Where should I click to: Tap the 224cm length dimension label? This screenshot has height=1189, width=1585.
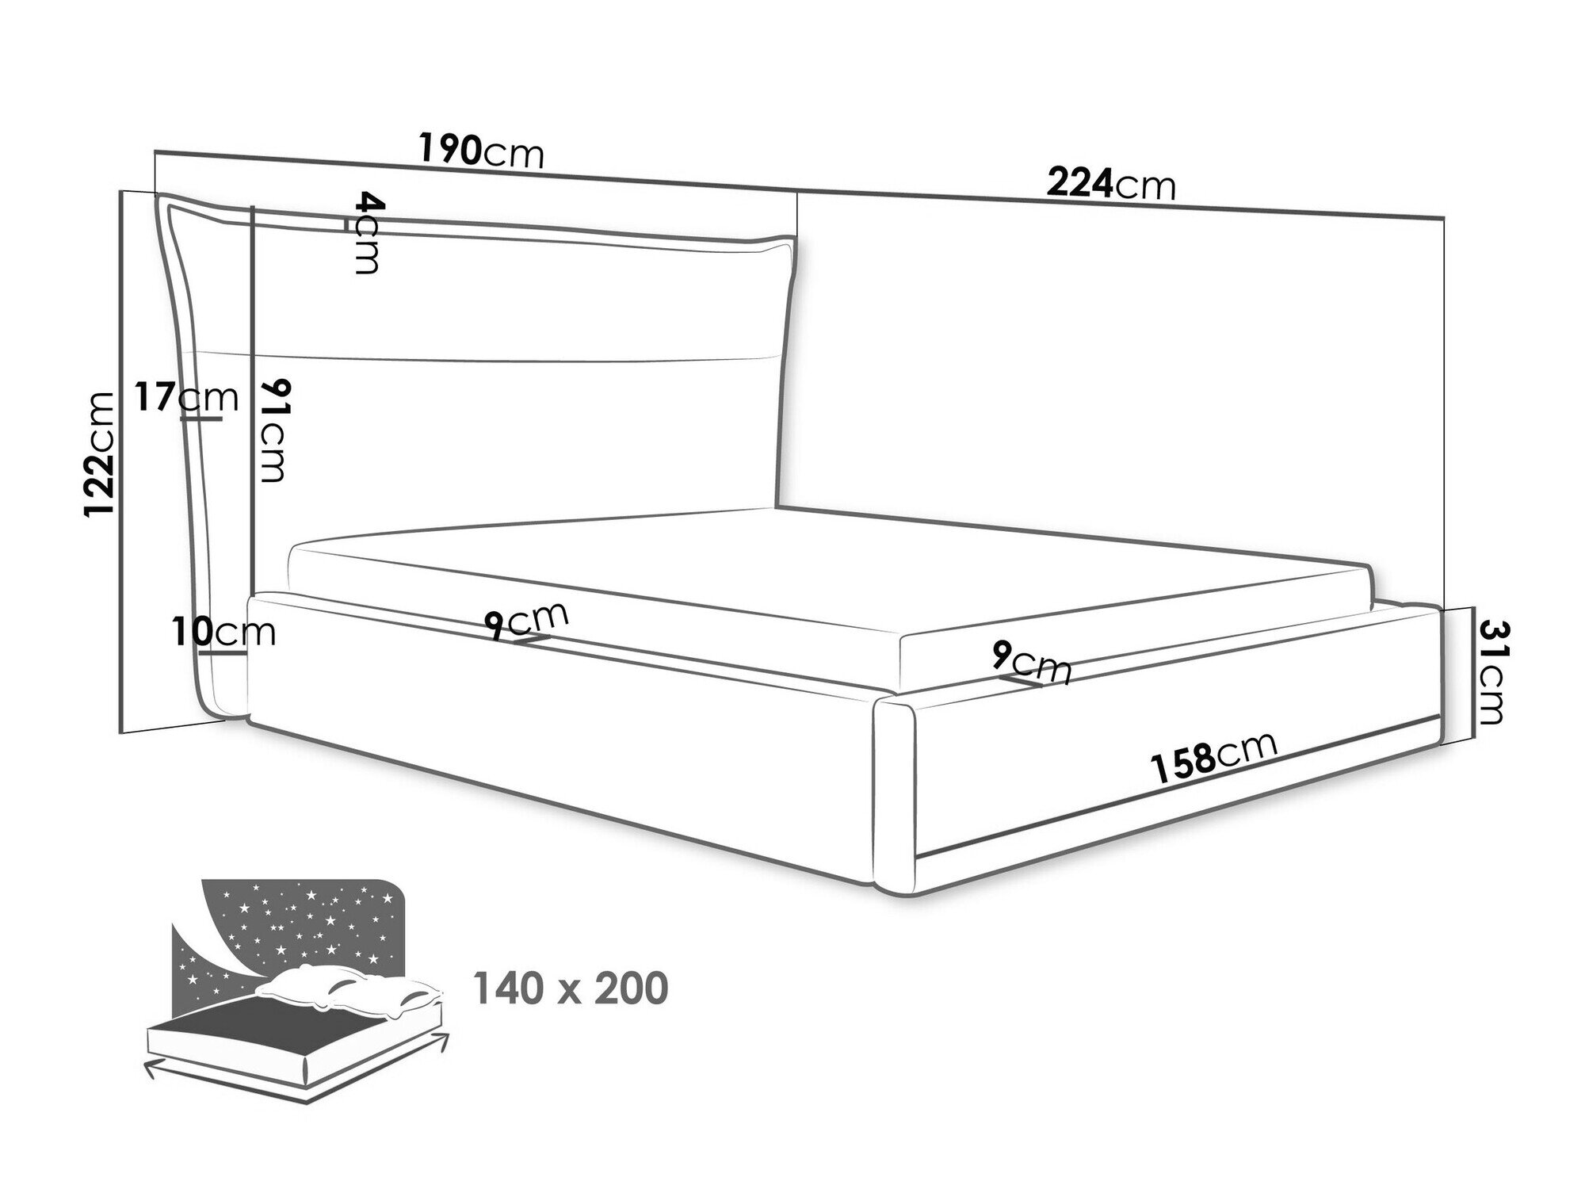coord(1110,185)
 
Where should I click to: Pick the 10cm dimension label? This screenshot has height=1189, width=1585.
coord(223,632)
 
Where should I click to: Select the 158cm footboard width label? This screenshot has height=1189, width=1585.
coord(1213,756)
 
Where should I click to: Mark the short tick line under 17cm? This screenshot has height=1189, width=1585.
coord(201,419)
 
